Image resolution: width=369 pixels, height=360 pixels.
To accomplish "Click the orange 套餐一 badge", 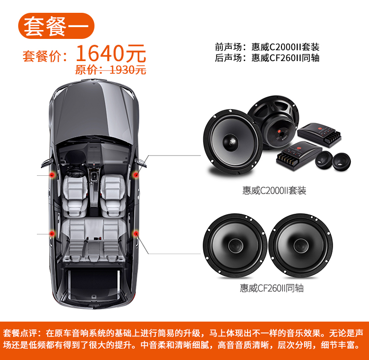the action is pyautogui.click(x=56, y=26).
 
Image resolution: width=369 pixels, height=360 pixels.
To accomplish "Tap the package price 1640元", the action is pyautogui.click(x=111, y=53).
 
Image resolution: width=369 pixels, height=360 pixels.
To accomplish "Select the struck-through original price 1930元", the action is pyautogui.click(x=111, y=70).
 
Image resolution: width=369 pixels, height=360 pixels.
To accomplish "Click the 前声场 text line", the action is pyautogui.click(x=267, y=47).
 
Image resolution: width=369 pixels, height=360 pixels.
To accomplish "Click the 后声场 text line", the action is pyautogui.click(x=267, y=58).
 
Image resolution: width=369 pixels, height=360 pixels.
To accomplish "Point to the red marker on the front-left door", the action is pyautogui.click(x=52, y=175).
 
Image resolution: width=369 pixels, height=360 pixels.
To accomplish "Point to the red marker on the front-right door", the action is pyautogui.click(x=136, y=175).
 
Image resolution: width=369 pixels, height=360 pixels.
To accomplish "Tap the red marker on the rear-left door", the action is pyautogui.click(x=52, y=234).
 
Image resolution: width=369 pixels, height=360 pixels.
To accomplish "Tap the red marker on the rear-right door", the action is pyautogui.click(x=136, y=234).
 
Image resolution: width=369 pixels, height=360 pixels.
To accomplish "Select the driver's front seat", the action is pyautogui.click(x=75, y=196).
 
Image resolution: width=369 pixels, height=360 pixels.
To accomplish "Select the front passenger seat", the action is pyautogui.click(x=113, y=196).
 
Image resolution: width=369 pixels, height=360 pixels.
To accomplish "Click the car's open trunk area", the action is pyautogui.click(x=93, y=284).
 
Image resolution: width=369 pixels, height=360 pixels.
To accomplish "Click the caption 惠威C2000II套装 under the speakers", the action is pyautogui.click(x=275, y=191).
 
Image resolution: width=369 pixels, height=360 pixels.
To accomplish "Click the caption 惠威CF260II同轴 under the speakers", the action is pyautogui.click(x=272, y=288).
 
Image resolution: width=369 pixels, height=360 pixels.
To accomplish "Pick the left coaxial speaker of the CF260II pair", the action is pyautogui.click(x=235, y=245).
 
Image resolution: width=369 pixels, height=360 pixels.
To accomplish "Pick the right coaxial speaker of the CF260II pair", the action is pyautogui.click(x=301, y=245).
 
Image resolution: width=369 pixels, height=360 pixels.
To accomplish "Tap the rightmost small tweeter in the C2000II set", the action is pyautogui.click(x=341, y=162).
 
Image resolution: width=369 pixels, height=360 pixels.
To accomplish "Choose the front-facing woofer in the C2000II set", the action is pyautogui.click(x=233, y=142).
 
